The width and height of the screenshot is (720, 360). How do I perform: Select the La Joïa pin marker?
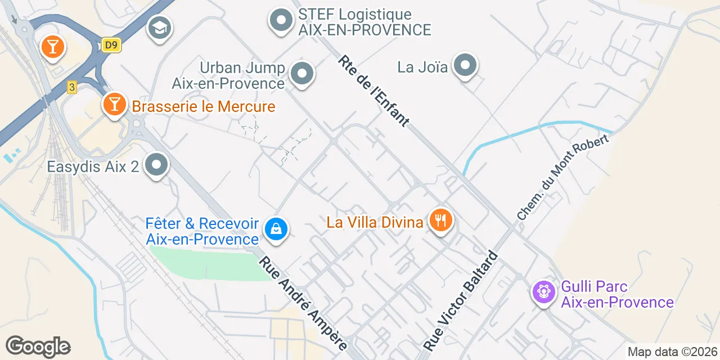pos(465,66)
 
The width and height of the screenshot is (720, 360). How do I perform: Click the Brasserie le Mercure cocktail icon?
pos(114,104)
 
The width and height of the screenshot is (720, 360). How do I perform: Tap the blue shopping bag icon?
pos(276,229)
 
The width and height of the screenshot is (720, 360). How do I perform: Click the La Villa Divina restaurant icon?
pos(441,220)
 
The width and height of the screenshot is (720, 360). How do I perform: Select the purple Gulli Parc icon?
pos(544,291)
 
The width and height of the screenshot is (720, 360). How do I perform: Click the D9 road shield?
pos(111,45)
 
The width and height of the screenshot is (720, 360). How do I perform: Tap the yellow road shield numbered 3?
pos(71,87)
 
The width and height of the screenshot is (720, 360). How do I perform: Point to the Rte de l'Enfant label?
pos(373,91)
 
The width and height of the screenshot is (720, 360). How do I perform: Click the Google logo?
pos(38,346)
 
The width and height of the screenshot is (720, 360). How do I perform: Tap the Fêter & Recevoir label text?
pos(202,231)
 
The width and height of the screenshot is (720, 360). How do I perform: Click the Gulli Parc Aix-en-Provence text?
pos(617,295)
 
